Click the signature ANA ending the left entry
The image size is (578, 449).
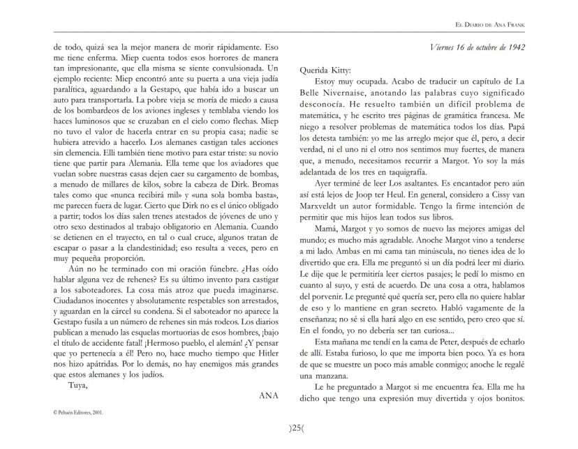pos(269,395)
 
